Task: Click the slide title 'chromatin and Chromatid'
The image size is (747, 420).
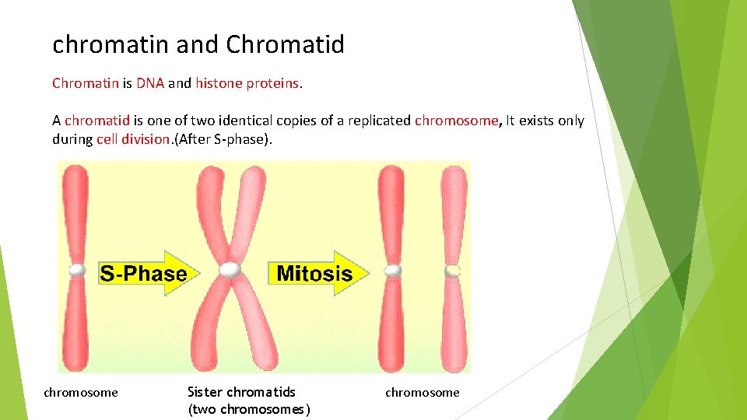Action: (x=198, y=45)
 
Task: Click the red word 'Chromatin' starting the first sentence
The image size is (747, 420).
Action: (x=86, y=83)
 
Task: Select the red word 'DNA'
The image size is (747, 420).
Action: (x=150, y=83)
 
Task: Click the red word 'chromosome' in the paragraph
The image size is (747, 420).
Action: (x=456, y=121)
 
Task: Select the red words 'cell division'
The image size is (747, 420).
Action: (x=133, y=139)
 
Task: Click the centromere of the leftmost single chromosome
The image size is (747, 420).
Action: (x=76, y=270)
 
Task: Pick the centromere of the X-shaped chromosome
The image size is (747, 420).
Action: (x=230, y=270)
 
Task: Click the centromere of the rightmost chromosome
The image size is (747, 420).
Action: (x=453, y=270)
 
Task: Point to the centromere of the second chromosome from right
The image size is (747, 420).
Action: (x=391, y=270)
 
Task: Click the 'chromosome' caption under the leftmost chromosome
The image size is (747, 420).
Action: (x=81, y=393)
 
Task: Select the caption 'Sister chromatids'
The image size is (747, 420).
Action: (x=241, y=392)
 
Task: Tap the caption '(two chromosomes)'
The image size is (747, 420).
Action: (x=249, y=410)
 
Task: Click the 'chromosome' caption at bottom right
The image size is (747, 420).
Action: (x=423, y=393)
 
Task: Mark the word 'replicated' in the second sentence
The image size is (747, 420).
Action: (x=380, y=121)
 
